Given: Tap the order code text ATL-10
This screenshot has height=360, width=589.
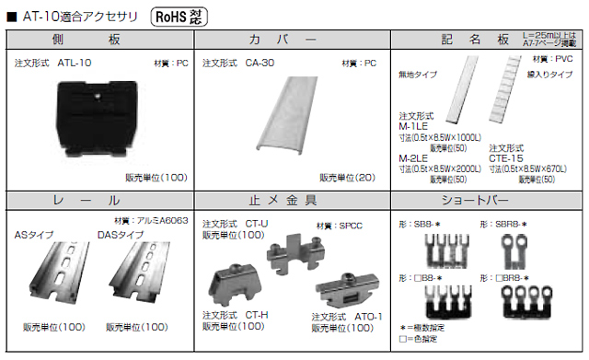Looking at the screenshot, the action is tap(75, 64).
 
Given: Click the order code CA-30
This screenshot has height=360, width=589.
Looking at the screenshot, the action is tap(260, 64).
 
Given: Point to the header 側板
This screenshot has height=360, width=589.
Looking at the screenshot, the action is tap(100, 40).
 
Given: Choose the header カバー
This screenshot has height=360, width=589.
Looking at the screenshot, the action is tap(294, 40).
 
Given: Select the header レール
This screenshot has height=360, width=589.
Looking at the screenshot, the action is tap(100, 201).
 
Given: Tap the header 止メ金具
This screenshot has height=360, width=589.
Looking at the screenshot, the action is tap(294, 201).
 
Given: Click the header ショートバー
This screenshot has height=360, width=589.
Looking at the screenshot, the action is tap(488, 201).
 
